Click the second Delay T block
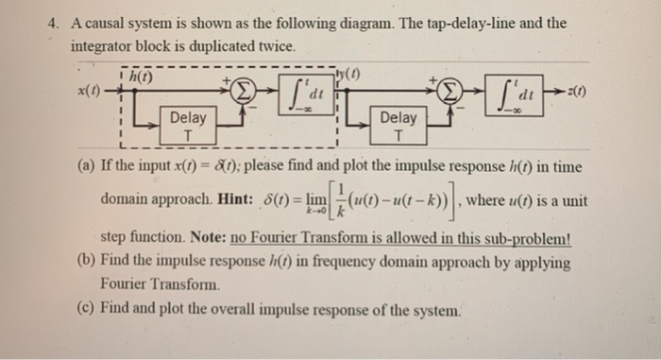tap(398, 125)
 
